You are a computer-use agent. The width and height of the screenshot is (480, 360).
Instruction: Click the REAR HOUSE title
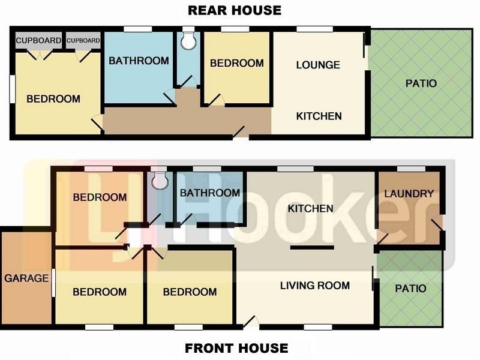pos(235,10)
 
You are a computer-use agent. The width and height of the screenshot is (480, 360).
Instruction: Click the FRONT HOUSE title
pos(236,348)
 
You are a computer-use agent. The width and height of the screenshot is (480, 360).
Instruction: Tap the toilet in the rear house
pos(189,40)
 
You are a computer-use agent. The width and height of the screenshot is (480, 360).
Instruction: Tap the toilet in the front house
pos(159,181)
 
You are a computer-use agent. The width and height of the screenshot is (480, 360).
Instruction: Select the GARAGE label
pos(26,278)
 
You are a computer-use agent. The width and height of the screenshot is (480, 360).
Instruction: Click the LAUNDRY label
pos(409,194)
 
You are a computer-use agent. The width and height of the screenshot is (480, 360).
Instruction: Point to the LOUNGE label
pos(318,65)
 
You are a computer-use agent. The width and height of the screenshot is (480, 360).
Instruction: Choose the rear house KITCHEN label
pos(319,116)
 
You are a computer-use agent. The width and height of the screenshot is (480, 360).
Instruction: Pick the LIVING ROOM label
pos(315,286)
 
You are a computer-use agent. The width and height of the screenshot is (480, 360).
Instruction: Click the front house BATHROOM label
pos(210,193)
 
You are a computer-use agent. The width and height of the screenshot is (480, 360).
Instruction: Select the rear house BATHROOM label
pos(139,61)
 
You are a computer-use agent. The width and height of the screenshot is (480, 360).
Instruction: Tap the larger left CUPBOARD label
pos(38,41)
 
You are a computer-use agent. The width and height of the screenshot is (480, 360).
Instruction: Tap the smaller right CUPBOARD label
pos(83,41)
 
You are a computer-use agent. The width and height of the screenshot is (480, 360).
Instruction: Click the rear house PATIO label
pos(421,83)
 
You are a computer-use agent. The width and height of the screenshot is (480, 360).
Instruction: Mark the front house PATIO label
pos(410,289)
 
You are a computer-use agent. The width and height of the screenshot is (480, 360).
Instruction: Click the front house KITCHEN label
pos(310,209)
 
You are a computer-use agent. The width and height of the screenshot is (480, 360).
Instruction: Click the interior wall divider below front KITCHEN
pos(312,247)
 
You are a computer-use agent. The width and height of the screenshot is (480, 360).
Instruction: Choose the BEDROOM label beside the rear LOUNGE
pos(236,63)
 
